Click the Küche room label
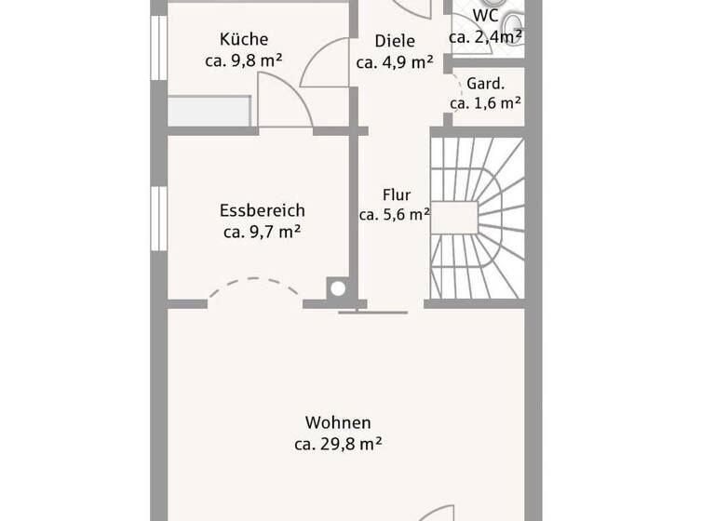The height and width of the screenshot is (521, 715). click(244, 39)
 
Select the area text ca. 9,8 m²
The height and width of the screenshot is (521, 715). click(244, 60)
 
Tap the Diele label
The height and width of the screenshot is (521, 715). click(395, 41)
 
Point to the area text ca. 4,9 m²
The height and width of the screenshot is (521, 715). click(395, 62)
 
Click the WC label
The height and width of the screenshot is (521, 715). click(485, 16)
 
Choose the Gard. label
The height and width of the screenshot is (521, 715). click(485, 82)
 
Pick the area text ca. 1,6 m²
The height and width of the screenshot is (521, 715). click(485, 103)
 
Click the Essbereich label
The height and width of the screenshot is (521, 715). click(262, 211)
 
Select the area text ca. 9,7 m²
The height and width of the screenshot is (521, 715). click(262, 233)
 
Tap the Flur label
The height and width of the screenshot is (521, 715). click(396, 194)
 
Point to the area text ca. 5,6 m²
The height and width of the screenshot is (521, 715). click(395, 214)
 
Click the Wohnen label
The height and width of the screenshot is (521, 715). click(337, 422)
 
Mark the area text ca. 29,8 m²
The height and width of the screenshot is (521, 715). click(337, 444)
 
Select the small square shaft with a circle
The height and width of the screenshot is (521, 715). click(337, 289)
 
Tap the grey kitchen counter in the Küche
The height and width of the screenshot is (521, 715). click(209, 111)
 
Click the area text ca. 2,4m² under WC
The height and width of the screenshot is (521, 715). click(485, 37)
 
